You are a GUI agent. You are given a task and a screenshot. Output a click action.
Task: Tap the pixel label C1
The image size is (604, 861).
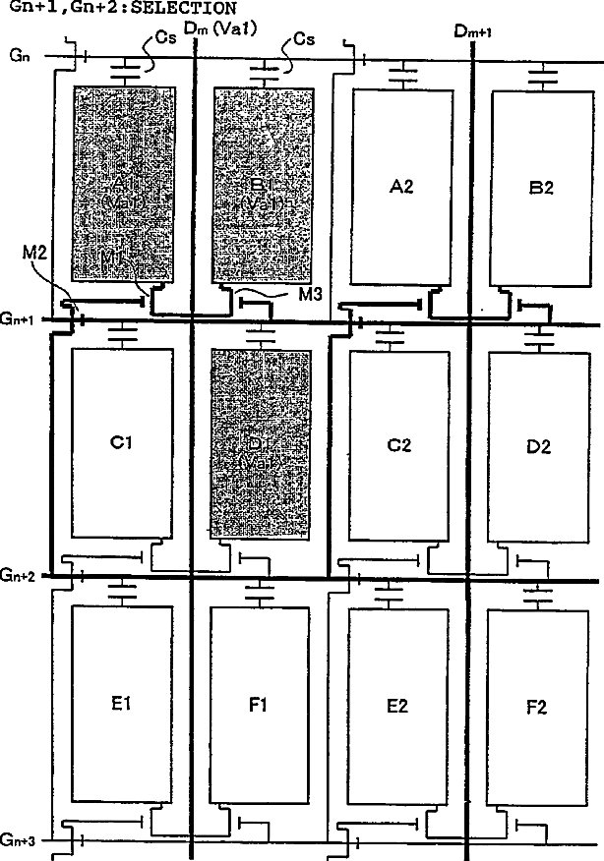point(122,443)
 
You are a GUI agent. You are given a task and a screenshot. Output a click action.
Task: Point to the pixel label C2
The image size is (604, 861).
point(398,445)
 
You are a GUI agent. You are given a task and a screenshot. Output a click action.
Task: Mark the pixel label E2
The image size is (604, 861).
point(398,705)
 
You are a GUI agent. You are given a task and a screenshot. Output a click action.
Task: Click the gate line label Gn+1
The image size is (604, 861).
point(19,318)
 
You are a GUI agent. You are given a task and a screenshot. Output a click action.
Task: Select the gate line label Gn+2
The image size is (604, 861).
point(19,575)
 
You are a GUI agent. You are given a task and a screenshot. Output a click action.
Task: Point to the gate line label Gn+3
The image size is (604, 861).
point(19,838)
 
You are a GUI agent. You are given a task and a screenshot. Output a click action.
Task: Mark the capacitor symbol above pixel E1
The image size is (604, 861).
point(122,592)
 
